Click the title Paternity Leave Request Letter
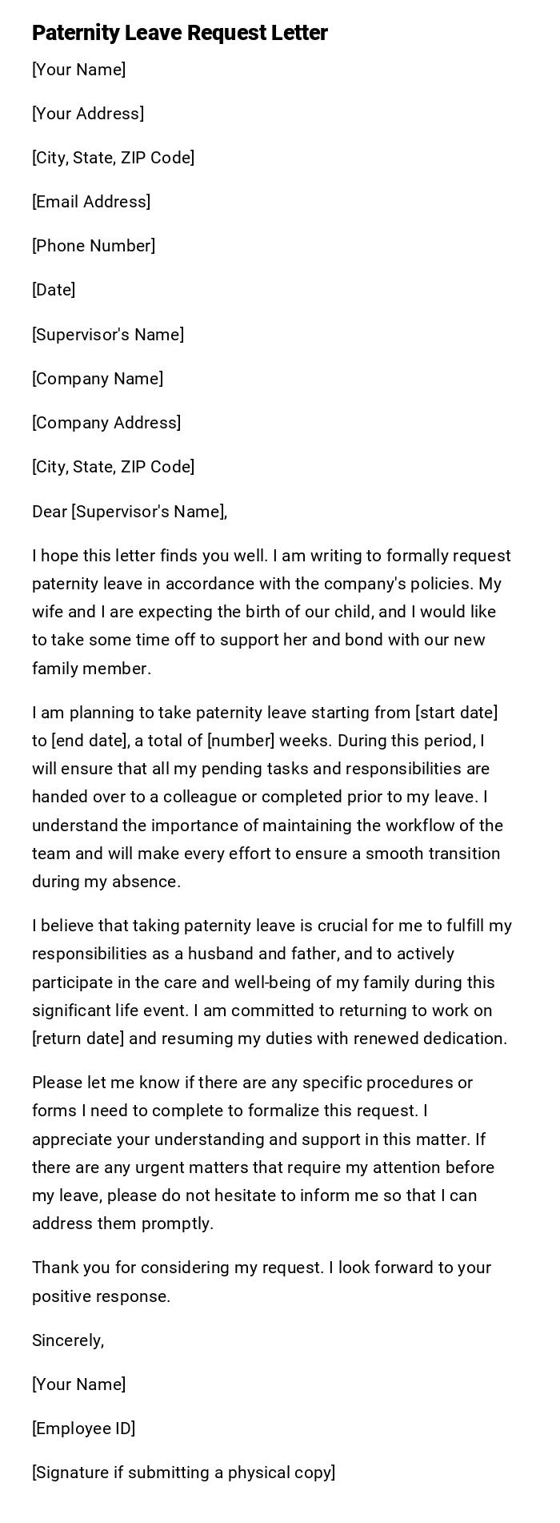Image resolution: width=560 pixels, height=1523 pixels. [x=180, y=33]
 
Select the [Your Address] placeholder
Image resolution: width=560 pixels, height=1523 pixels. [x=88, y=114]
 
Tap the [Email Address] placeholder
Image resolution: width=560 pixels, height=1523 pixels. [x=91, y=202]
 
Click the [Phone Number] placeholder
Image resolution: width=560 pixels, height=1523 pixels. [x=94, y=246]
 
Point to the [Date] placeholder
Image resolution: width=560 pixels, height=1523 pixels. [x=54, y=290]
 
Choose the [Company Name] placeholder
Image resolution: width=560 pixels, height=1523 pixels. [x=98, y=379]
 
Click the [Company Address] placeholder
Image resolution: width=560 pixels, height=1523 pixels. [x=106, y=423]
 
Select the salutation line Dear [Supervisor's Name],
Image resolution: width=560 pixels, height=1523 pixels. [x=130, y=512]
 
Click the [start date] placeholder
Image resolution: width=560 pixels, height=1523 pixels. [x=456, y=713]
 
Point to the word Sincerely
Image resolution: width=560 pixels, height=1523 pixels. [x=67, y=1340]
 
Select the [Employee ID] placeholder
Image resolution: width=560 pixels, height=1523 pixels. [x=83, y=1429]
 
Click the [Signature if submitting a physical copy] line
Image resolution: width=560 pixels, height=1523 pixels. [x=184, y=1473]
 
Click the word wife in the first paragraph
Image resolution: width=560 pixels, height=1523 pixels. [x=46, y=612]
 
